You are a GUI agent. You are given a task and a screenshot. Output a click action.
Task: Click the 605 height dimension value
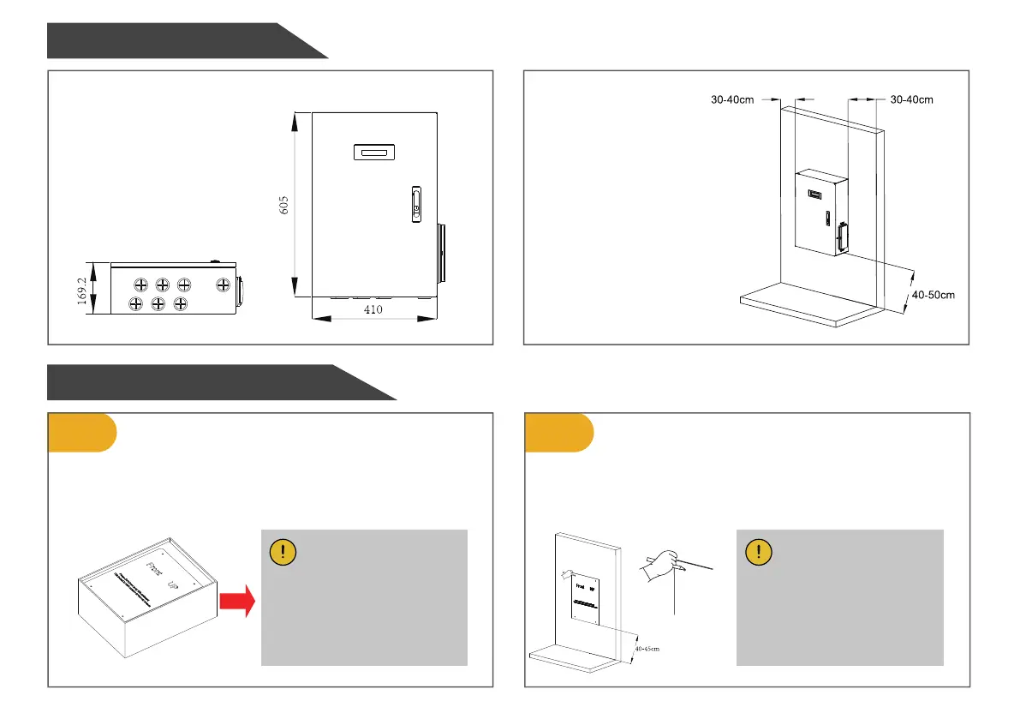(284, 205)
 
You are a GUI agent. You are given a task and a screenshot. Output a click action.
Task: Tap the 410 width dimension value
(373, 309)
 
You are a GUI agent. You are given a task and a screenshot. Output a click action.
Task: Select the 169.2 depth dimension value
(82, 290)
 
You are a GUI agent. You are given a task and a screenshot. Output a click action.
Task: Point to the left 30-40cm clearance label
(732, 99)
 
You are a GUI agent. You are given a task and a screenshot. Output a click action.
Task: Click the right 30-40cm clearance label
(911, 99)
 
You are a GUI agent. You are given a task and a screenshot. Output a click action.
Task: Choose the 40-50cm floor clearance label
(933, 295)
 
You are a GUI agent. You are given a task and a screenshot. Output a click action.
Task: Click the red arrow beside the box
(239, 600)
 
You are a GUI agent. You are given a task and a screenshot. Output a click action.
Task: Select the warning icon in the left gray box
(283, 552)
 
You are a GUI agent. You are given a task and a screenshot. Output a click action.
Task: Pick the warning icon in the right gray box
(760, 551)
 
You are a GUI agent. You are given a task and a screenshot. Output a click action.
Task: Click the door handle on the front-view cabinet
(416, 204)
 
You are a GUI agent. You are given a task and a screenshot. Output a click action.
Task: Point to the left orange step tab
(81, 432)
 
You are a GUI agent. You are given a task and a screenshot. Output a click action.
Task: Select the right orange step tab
(558, 432)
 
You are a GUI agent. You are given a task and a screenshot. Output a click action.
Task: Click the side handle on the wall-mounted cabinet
(843, 237)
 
